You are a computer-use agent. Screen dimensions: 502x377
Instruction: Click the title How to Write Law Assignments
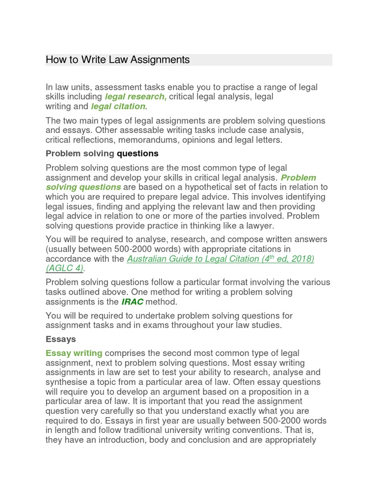coord(117,60)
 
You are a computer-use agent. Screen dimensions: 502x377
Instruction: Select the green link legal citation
coord(118,106)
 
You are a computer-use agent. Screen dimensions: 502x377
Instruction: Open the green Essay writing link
coord(74,353)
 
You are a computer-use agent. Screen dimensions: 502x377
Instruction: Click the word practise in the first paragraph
coord(231,87)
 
